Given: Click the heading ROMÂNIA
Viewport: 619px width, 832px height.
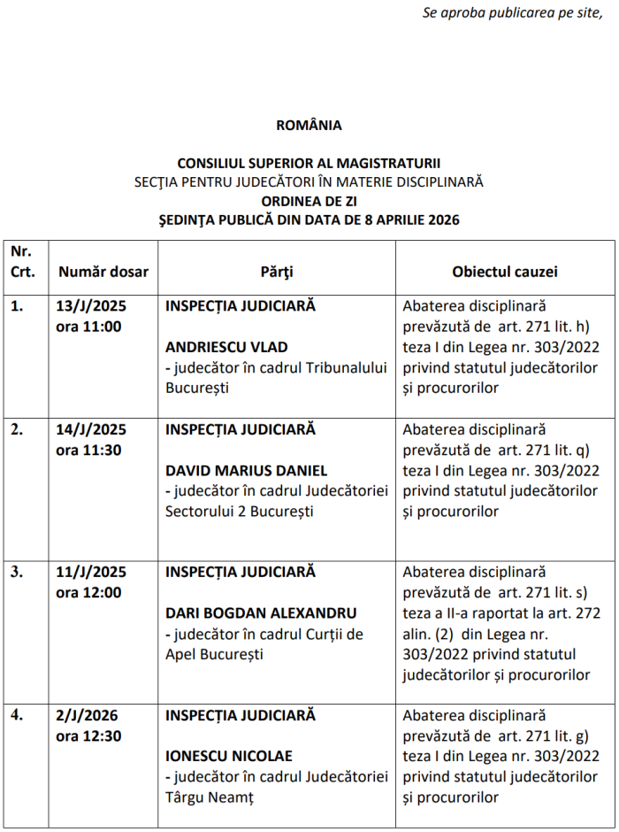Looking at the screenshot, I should point(309,126).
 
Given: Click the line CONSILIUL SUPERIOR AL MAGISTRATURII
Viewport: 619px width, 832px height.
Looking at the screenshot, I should point(309,164).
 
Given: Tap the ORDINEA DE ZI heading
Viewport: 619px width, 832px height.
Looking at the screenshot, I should point(309,201).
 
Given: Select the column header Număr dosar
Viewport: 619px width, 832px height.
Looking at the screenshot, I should point(103,272).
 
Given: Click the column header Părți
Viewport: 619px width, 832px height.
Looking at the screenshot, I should point(277,272).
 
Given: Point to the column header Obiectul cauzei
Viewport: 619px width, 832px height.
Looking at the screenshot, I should point(505,272).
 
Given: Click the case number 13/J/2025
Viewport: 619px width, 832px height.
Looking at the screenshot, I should point(91,307).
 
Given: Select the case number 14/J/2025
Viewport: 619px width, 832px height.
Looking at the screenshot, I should point(91,430).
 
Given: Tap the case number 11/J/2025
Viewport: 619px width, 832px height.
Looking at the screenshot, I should point(91,573).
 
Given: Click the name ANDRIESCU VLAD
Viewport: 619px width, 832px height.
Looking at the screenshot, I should point(226,347).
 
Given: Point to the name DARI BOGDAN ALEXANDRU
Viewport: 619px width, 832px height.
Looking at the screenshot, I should point(261,613).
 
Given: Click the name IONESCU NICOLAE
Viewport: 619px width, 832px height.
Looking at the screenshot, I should point(229,756).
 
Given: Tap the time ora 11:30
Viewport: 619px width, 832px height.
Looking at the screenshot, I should point(88,451).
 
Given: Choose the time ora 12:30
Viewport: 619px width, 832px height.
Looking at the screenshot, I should point(88,736).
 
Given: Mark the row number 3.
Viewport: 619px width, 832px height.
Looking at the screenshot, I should point(18,573).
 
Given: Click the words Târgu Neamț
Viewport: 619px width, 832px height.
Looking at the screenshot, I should point(210,797).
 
